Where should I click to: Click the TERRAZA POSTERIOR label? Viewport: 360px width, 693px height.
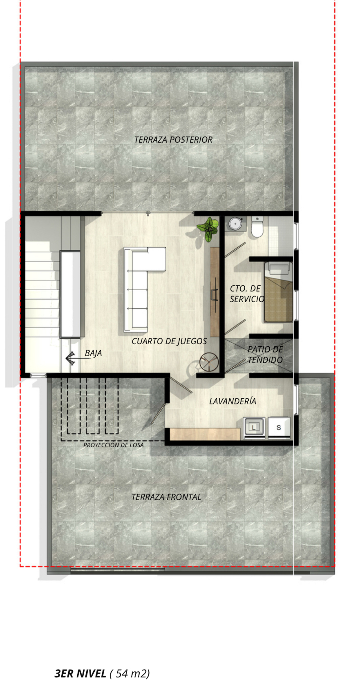pos(173,140)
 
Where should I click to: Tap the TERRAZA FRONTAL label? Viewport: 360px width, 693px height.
pos(166,497)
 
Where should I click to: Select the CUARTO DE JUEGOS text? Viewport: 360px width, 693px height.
pos(169,341)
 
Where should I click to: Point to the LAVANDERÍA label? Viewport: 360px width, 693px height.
pos(233,401)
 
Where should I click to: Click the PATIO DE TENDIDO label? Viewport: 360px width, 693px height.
pos(265,355)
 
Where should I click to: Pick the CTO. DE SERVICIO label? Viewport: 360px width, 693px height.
pos(247,294)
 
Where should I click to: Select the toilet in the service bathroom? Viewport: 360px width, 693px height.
pos(257,227)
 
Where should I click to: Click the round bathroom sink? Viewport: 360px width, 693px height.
pos(235,224)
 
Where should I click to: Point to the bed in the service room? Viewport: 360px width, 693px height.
pos(278,292)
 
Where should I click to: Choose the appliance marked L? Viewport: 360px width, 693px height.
pos(254,428)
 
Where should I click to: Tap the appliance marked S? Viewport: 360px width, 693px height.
pos(279,428)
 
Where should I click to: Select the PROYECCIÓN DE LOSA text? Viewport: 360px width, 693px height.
pos(113,445)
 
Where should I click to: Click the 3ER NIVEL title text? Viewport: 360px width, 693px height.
pos(80,673)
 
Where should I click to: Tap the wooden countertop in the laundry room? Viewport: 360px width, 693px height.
pos(205,434)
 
